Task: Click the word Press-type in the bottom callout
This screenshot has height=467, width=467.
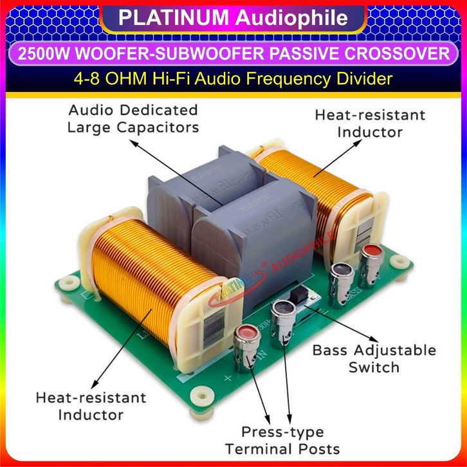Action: tap(282, 432)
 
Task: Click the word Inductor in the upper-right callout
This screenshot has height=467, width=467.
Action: tap(371, 132)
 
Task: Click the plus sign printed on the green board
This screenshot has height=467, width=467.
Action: tap(227, 378)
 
